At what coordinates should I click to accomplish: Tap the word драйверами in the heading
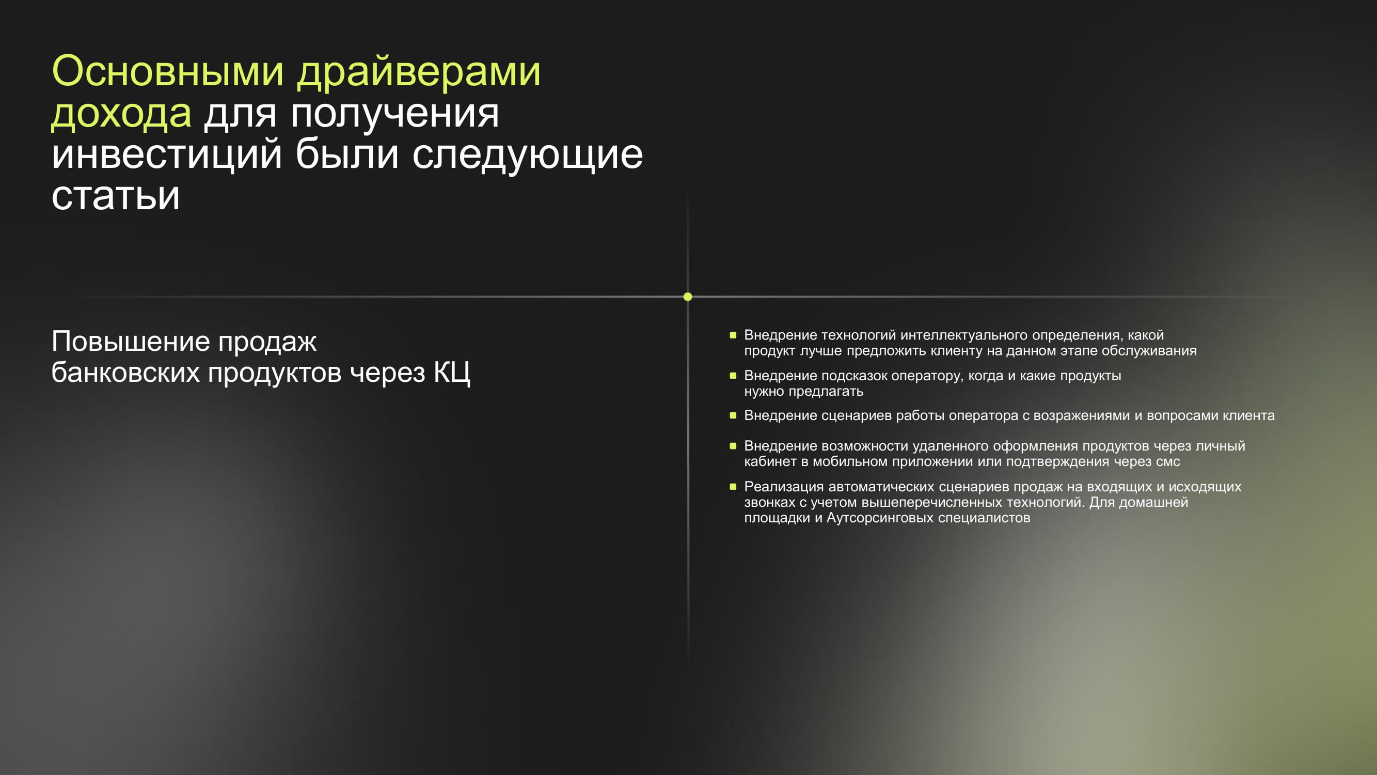419,72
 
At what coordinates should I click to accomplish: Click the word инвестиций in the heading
167,154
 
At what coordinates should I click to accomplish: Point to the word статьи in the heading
116,196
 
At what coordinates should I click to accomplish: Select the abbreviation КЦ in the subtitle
452,373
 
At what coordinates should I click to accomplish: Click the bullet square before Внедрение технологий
733,335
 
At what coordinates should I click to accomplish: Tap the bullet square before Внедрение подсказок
733,376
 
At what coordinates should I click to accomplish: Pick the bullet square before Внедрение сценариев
733,415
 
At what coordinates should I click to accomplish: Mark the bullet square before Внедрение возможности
733,445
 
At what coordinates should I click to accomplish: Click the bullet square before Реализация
733,486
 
